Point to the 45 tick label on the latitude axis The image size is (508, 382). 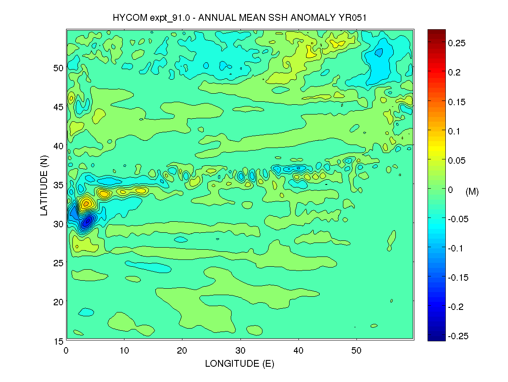click(x=58, y=107)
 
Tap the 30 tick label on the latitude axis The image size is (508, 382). click(x=58, y=224)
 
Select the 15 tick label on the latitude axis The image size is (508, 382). click(x=58, y=341)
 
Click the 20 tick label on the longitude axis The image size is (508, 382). click(x=182, y=351)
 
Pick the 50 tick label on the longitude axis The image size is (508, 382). click(x=356, y=351)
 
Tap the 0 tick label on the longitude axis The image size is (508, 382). click(x=66, y=351)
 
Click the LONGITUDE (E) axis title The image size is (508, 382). click(x=240, y=364)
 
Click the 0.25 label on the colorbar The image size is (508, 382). click(x=457, y=43)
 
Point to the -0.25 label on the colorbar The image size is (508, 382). click(x=458, y=336)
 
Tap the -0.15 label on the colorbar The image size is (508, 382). click(x=458, y=278)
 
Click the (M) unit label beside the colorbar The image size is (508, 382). click(x=472, y=192)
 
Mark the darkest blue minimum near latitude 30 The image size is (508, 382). click(x=87, y=220)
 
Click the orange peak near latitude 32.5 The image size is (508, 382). click(x=86, y=204)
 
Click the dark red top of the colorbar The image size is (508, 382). click(x=436, y=32)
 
